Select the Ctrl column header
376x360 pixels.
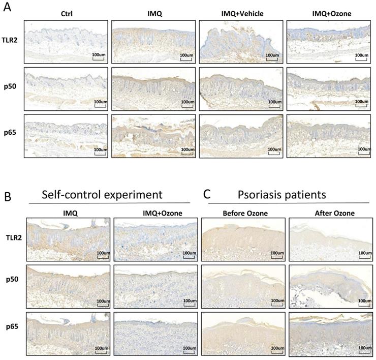coord(66,14)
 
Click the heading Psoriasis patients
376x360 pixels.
coord(289,195)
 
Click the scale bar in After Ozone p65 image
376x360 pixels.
coord(363,350)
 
